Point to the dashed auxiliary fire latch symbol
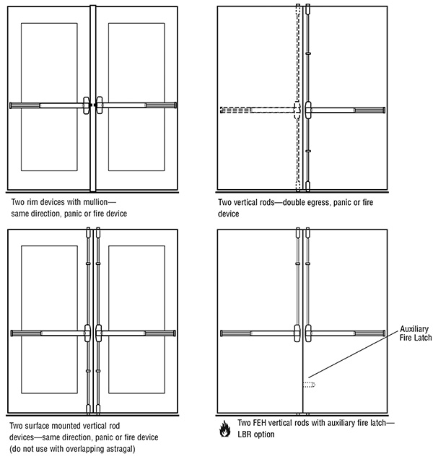pos(311,385)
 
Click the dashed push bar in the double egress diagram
pos(256,110)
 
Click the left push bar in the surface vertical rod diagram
pos(48,333)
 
